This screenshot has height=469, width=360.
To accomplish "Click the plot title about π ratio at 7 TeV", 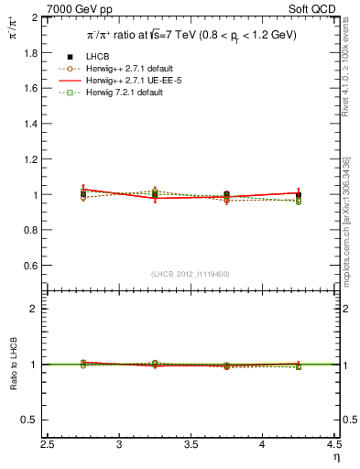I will [192, 35].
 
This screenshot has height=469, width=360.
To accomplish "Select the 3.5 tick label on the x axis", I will [191, 445].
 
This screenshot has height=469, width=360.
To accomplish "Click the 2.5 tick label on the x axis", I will [49, 445].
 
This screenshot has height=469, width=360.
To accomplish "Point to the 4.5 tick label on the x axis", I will [333, 445].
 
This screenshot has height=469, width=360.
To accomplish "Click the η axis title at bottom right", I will [335, 458].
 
